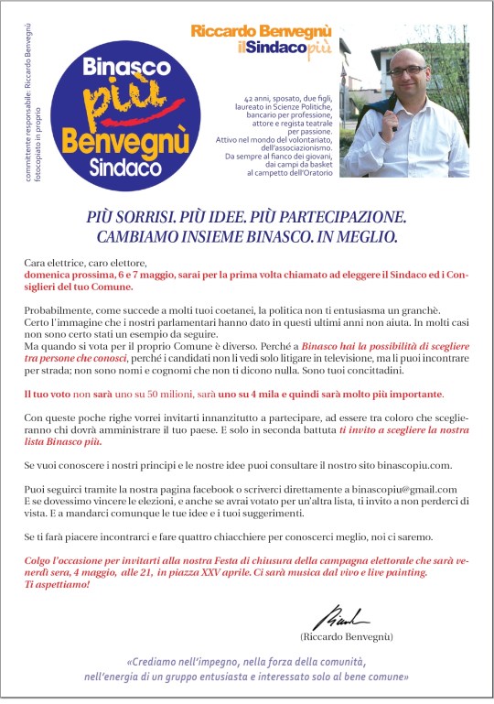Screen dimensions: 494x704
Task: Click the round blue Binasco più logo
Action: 113,113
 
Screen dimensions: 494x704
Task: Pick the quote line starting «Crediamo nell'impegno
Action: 247,661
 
